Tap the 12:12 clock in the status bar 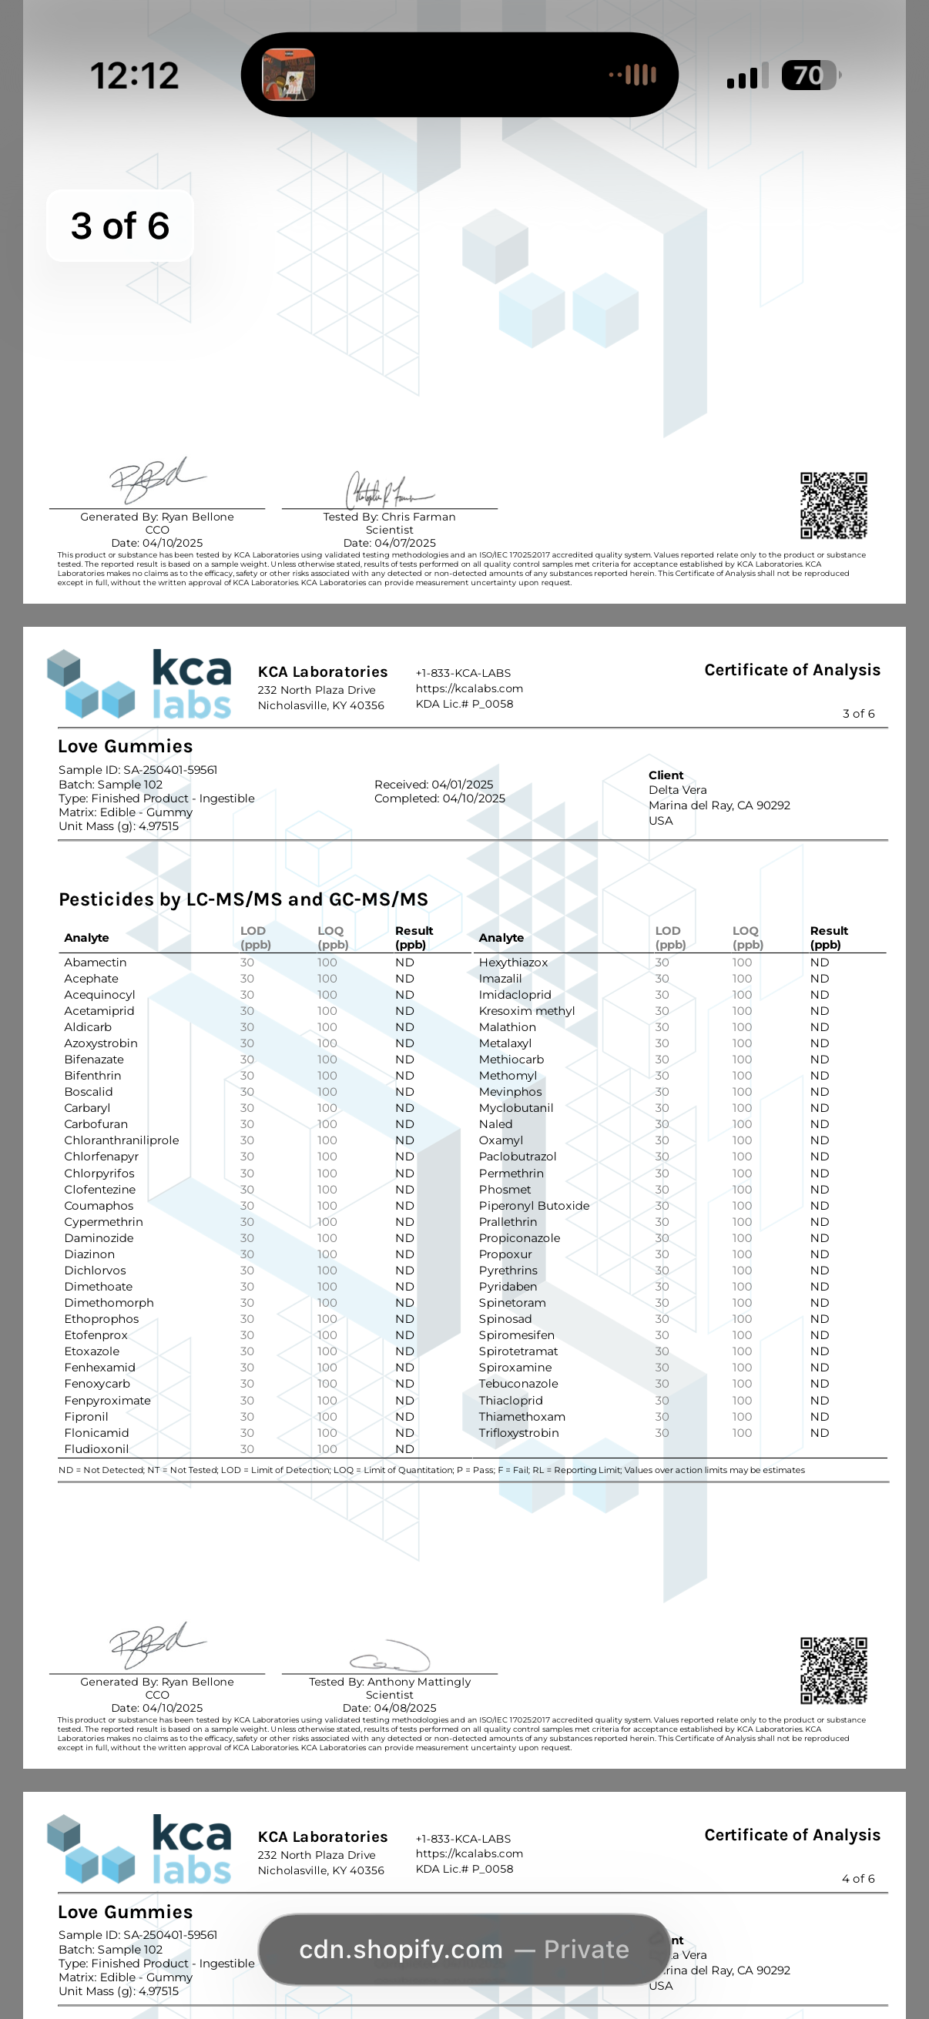pyautogui.click(x=135, y=76)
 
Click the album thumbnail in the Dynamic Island pyautogui.click(x=289, y=75)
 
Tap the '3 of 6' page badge pyautogui.click(x=120, y=226)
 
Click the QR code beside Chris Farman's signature pyautogui.click(x=833, y=506)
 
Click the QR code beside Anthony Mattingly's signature pyautogui.click(x=833, y=1670)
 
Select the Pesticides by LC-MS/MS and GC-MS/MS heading pyautogui.click(x=243, y=899)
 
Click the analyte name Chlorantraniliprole pyautogui.click(x=122, y=1140)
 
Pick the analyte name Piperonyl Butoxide pyautogui.click(x=534, y=1205)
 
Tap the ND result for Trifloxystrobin pyautogui.click(x=820, y=1433)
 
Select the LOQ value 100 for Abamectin pyautogui.click(x=327, y=963)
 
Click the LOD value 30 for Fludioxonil pyautogui.click(x=247, y=1449)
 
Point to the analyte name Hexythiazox pyautogui.click(x=514, y=963)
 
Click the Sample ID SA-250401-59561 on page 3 pyautogui.click(x=170, y=770)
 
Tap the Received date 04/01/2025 pyautogui.click(x=461, y=785)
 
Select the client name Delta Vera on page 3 pyautogui.click(x=677, y=790)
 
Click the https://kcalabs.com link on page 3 pyautogui.click(x=469, y=688)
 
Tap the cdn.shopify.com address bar pyautogui.click(x=464, y=1949)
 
